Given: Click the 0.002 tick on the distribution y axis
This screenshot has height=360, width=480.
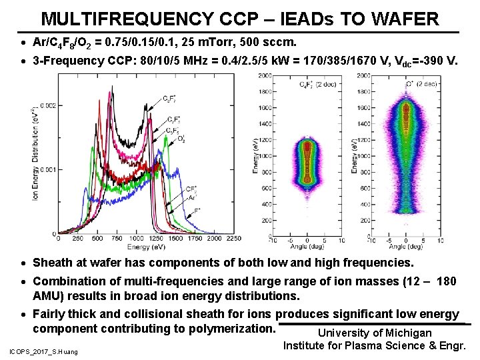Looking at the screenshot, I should [x=46, y=105].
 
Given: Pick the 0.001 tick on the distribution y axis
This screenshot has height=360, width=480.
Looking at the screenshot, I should [x=46, y=170].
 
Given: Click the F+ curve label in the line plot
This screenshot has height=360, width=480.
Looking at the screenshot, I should [x=197, y=210].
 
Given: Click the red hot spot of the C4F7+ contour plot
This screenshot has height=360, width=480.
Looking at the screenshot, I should [x=307, y=163].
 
